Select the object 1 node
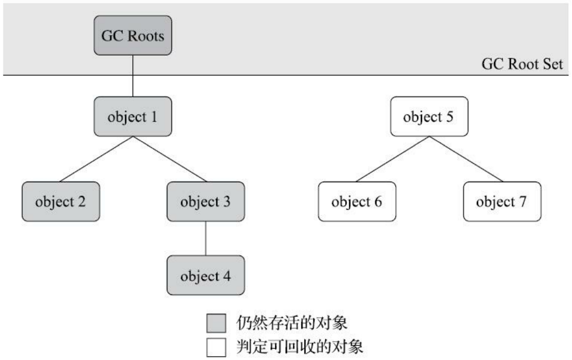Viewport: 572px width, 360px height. tap(133, 117)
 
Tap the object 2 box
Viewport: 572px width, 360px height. tap(61, 201)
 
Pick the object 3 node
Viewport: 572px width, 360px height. tap(206, 201)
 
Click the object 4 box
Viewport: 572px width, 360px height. tap(206, 276)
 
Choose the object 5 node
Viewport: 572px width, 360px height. tap(430, 117)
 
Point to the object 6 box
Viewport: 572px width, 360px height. tap(357, 201)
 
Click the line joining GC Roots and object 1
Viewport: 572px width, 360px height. tap(133, 76)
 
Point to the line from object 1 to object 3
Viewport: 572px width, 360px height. tap(170, 159)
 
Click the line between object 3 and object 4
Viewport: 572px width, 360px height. tap(206, 238)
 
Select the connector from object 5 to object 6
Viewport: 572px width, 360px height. tap(393, 159)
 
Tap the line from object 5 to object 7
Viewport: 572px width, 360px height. tap(466, 159)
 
